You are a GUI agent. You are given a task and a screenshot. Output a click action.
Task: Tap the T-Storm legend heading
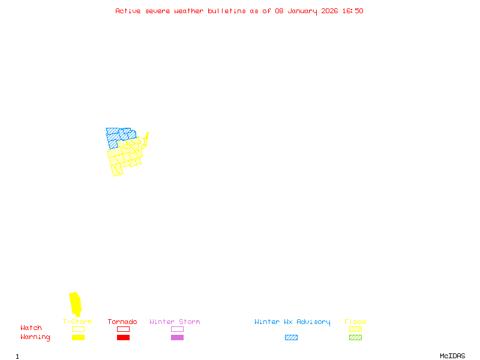click(77, 322)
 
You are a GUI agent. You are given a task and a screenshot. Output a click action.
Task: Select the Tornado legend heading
click(122, 322)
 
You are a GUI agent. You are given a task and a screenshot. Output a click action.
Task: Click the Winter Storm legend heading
click(175, 322)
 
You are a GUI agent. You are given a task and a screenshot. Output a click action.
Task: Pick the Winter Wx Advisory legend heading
click(292, 322)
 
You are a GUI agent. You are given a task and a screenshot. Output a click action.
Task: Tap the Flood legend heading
click(355, 322)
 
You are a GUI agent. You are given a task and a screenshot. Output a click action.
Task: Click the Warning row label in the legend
click(35, 337)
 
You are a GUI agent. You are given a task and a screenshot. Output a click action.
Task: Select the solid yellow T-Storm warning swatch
click(78, 338)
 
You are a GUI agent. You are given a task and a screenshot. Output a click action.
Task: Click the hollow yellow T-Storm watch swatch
click(78, 329)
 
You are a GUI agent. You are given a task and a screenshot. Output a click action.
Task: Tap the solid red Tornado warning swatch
click(123, 338)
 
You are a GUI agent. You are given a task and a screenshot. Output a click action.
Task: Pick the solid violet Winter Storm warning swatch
click(177, 338)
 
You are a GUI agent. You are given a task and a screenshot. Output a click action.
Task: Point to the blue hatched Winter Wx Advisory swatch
click(291, 338)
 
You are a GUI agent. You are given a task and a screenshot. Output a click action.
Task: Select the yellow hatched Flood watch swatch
click(355, 329)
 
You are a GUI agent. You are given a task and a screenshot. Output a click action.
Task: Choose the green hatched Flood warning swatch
click(355, 338)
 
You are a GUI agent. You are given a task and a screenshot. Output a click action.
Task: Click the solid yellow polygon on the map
click(75, 303)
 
